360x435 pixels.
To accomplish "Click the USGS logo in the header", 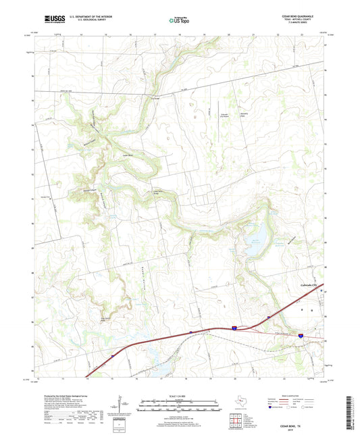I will point(51,20).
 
